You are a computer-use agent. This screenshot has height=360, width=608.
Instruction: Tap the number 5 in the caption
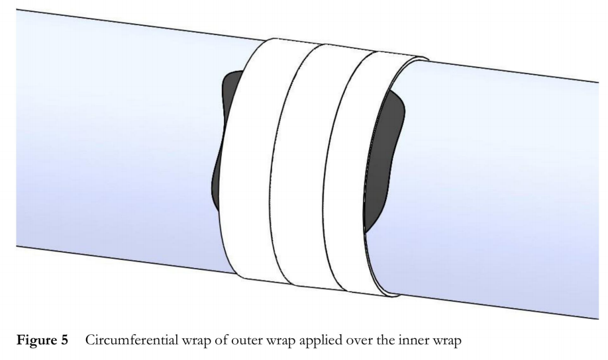pos(64,340)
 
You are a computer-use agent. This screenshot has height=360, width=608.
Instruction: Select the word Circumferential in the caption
pos(131,340)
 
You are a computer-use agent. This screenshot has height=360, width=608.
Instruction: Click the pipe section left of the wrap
pos(117,140)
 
